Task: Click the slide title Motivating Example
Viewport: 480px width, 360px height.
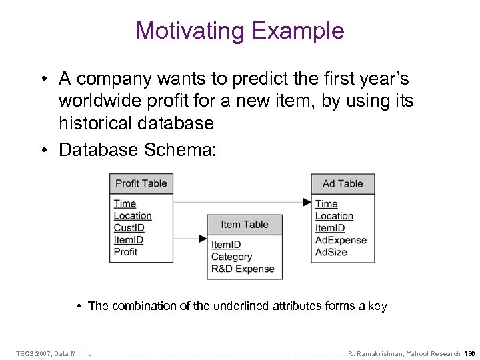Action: [239, 30]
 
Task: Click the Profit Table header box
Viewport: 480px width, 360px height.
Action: [141, 183]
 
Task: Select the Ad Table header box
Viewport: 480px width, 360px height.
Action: [343, 183]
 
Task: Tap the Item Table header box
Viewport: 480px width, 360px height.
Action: [244, 225]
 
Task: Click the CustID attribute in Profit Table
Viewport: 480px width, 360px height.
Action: [129, 228]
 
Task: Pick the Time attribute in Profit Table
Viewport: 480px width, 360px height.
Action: [125, 204]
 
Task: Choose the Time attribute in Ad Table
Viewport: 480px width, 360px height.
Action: [326, 204]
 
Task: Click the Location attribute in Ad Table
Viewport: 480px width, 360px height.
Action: [334, 216]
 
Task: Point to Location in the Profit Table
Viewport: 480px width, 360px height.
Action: [133, 216]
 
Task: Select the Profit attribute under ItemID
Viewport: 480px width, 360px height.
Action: [125, 252]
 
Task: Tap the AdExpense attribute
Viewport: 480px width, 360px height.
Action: [341, 240]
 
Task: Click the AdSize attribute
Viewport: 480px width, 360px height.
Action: [331, 252]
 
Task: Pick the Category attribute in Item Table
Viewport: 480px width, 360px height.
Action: [231, 257]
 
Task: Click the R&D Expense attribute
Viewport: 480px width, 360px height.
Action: [243, 269]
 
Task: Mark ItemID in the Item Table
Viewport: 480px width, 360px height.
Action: [226, 245]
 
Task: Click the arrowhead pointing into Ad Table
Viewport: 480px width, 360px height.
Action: [307, 202]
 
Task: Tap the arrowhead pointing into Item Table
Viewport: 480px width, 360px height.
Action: [203, 238]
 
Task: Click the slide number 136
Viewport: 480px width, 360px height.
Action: [469, 353]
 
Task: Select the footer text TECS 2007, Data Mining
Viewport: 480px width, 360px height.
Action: [54, 353]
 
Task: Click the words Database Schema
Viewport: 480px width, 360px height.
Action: [137, 150]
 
